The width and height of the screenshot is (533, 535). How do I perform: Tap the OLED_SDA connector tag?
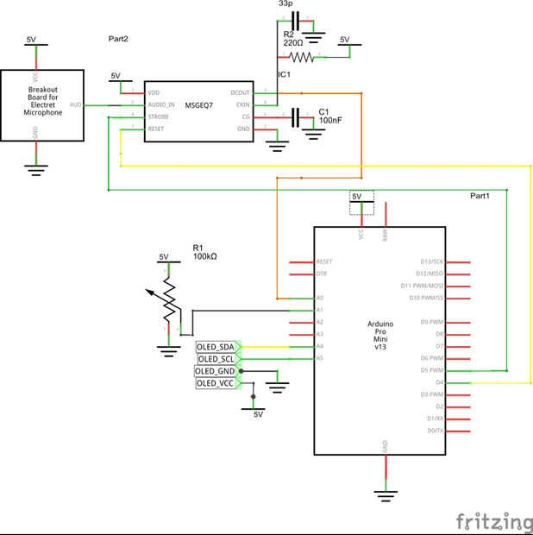tap(216, 347)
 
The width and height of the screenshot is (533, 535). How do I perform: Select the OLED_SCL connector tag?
tap(216, 359)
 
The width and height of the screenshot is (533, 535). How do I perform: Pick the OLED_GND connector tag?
tap(216, 371)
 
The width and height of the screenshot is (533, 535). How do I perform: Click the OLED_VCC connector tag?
tap(216, 383)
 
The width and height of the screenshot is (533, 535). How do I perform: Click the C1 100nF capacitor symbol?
tap(298, 116)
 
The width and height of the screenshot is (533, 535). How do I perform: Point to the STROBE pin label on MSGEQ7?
tap(158, 116)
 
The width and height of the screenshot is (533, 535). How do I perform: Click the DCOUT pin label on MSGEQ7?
tap(241, 92)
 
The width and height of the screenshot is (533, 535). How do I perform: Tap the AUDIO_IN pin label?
tap(161, 104)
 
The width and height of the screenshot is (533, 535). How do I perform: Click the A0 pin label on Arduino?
tap(320, 298)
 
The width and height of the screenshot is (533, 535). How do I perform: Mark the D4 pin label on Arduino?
tap(438, 381)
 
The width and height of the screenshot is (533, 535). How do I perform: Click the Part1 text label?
tap(480, 196)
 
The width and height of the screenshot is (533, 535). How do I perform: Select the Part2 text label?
tap(118, 40)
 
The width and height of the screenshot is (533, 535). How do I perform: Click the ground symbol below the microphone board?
tap(35, 169)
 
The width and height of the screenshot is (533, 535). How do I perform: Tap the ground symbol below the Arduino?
tap(386, 493)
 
